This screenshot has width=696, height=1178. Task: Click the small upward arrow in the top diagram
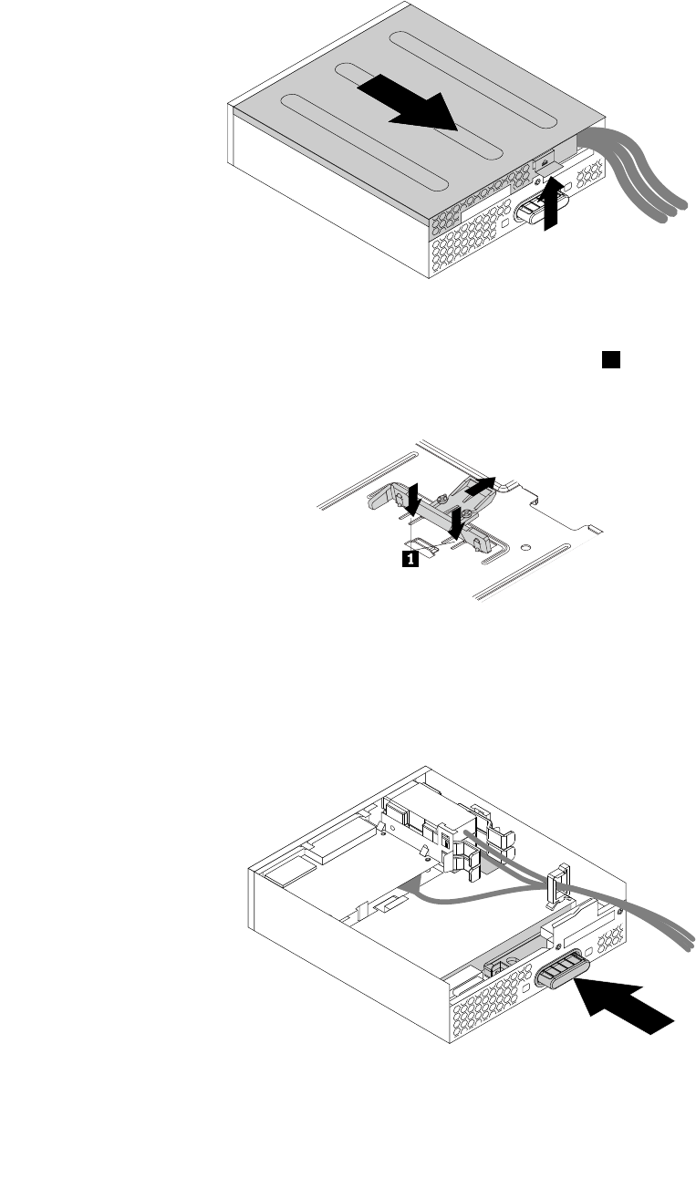(549, 205)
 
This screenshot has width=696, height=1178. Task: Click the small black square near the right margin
(609, 359)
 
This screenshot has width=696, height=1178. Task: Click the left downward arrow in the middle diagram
(412, 499)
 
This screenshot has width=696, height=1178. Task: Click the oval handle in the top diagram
(539, 209)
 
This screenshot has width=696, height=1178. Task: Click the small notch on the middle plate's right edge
(594, 528)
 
